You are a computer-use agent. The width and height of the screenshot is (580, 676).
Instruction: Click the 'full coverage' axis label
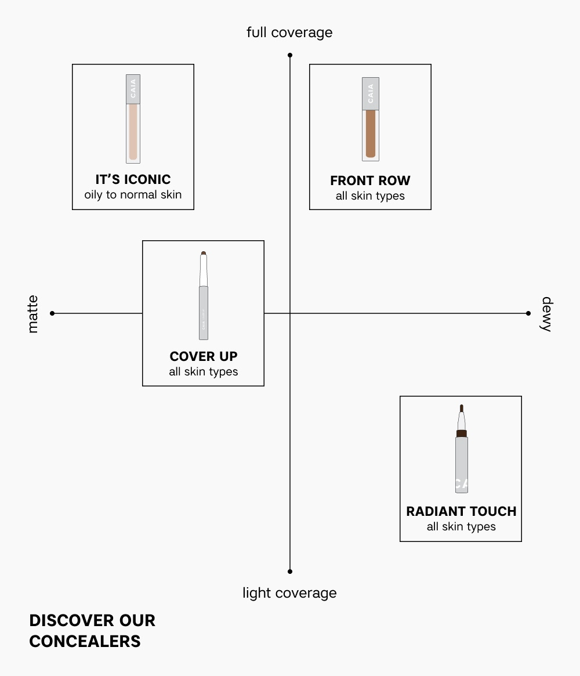pyautogui.click(x=289, y=32)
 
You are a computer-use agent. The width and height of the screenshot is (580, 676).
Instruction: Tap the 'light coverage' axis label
pyautogui.click(x=289, y=593)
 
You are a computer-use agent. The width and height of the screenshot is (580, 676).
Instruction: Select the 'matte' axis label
pyautogui.click(x=32, y=314)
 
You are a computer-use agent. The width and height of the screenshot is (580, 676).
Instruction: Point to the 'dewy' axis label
pyautogui.click(x=546, y=314)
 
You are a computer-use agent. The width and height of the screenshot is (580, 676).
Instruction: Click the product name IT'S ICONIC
pyautogui.click(x=133, y=180)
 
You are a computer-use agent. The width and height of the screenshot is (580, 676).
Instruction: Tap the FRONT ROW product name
pyautogui.click(x=370, y=181)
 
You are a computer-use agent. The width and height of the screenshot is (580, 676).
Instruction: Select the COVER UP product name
pyautogui.click(x=203, y=356)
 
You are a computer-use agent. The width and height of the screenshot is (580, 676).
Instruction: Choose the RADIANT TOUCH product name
pyautogui.click(x=461, y=512)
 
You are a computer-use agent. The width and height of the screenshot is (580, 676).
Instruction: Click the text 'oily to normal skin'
pyautogui.click(x=133, y=195)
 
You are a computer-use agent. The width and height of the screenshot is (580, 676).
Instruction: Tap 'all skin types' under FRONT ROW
pyautogui.click(x=370, y=196)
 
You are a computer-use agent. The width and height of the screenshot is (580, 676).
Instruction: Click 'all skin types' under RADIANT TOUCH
pyautogui.click(x=461, y=527)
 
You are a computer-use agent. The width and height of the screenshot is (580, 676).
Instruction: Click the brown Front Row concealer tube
pyautogui.click(x=370, y=133)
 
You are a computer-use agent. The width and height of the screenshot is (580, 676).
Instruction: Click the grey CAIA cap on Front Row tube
pyautogui.click(x=370, y=93)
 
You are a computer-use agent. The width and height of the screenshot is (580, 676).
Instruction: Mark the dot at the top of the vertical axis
pyautogui.click(x=290, y=55)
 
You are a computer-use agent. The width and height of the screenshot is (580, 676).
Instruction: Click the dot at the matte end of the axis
pyautogui.click(x=52, y=313)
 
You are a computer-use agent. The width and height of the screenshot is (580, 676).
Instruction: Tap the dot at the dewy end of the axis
pyautogui.click(x=528, y=313)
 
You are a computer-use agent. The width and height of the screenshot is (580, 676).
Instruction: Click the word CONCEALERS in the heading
pyautogui.click(x=85, y=641)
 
